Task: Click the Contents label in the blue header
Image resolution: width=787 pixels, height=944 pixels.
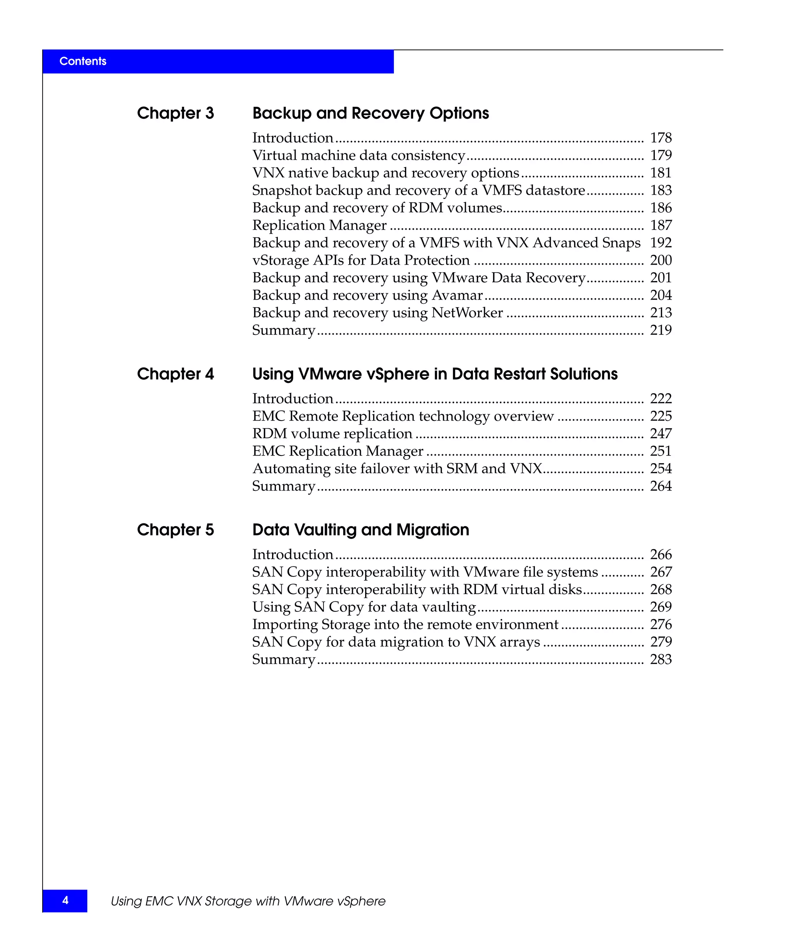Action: (x=83, y=61)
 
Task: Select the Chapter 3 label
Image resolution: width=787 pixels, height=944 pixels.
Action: (x=175, y=113)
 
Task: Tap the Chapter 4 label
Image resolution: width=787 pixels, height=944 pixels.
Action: (x=175, y=374)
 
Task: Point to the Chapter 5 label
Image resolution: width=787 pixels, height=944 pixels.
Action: (x=175, y=530)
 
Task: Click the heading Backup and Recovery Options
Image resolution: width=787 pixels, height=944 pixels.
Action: (x=370, y=113)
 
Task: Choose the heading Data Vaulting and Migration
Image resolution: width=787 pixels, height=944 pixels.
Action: (x=361, y=530)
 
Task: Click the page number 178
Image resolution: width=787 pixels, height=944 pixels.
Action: (x=661, y=137)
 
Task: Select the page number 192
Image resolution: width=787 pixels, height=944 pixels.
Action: (x=661, y=243)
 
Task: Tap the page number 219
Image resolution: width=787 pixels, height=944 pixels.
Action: (x=661, y=330)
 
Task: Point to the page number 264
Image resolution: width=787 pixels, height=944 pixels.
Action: (x=661, y=486)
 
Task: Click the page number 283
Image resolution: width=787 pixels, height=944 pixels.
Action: (x=661, y=659)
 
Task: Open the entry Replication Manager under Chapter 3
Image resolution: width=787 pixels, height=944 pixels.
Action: (x=319, y=225)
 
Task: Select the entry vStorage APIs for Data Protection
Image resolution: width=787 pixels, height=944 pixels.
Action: (x=361, y=260)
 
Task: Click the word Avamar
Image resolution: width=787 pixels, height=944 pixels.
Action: (x=457, y=295)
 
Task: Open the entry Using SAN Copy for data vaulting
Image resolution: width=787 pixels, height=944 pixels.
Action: (x=364, y=607)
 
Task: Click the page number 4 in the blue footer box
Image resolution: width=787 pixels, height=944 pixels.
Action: (x=65, y=900)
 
